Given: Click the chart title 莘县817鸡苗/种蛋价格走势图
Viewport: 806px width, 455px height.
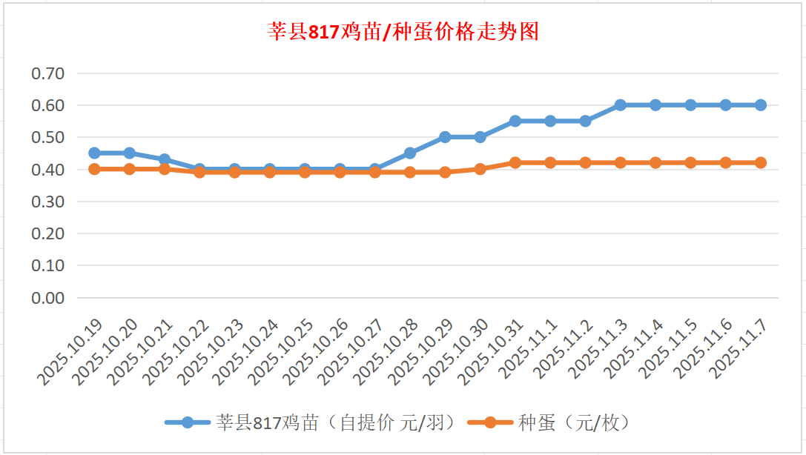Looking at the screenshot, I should [403, 32].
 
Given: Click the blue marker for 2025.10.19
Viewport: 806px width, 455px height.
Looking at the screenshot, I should [94, 153].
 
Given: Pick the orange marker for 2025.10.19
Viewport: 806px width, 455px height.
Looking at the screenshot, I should [94, 169].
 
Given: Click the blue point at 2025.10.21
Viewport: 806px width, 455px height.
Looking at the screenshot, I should [165, 159].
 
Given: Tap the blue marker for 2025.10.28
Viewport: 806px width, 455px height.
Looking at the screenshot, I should [410, 153].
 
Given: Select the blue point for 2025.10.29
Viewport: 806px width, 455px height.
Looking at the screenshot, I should [445, 137].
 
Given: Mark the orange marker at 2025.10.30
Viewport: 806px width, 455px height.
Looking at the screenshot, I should [480, 169].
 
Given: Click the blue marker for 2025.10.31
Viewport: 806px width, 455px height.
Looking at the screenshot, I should [515, 121].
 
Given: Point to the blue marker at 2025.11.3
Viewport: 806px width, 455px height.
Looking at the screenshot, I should [621, 105].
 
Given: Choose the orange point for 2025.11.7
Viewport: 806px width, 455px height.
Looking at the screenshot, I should [761, 162].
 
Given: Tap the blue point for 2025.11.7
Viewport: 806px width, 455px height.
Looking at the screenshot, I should [761, 105].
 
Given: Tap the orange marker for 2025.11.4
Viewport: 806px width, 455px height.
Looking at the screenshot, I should [655, 162].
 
